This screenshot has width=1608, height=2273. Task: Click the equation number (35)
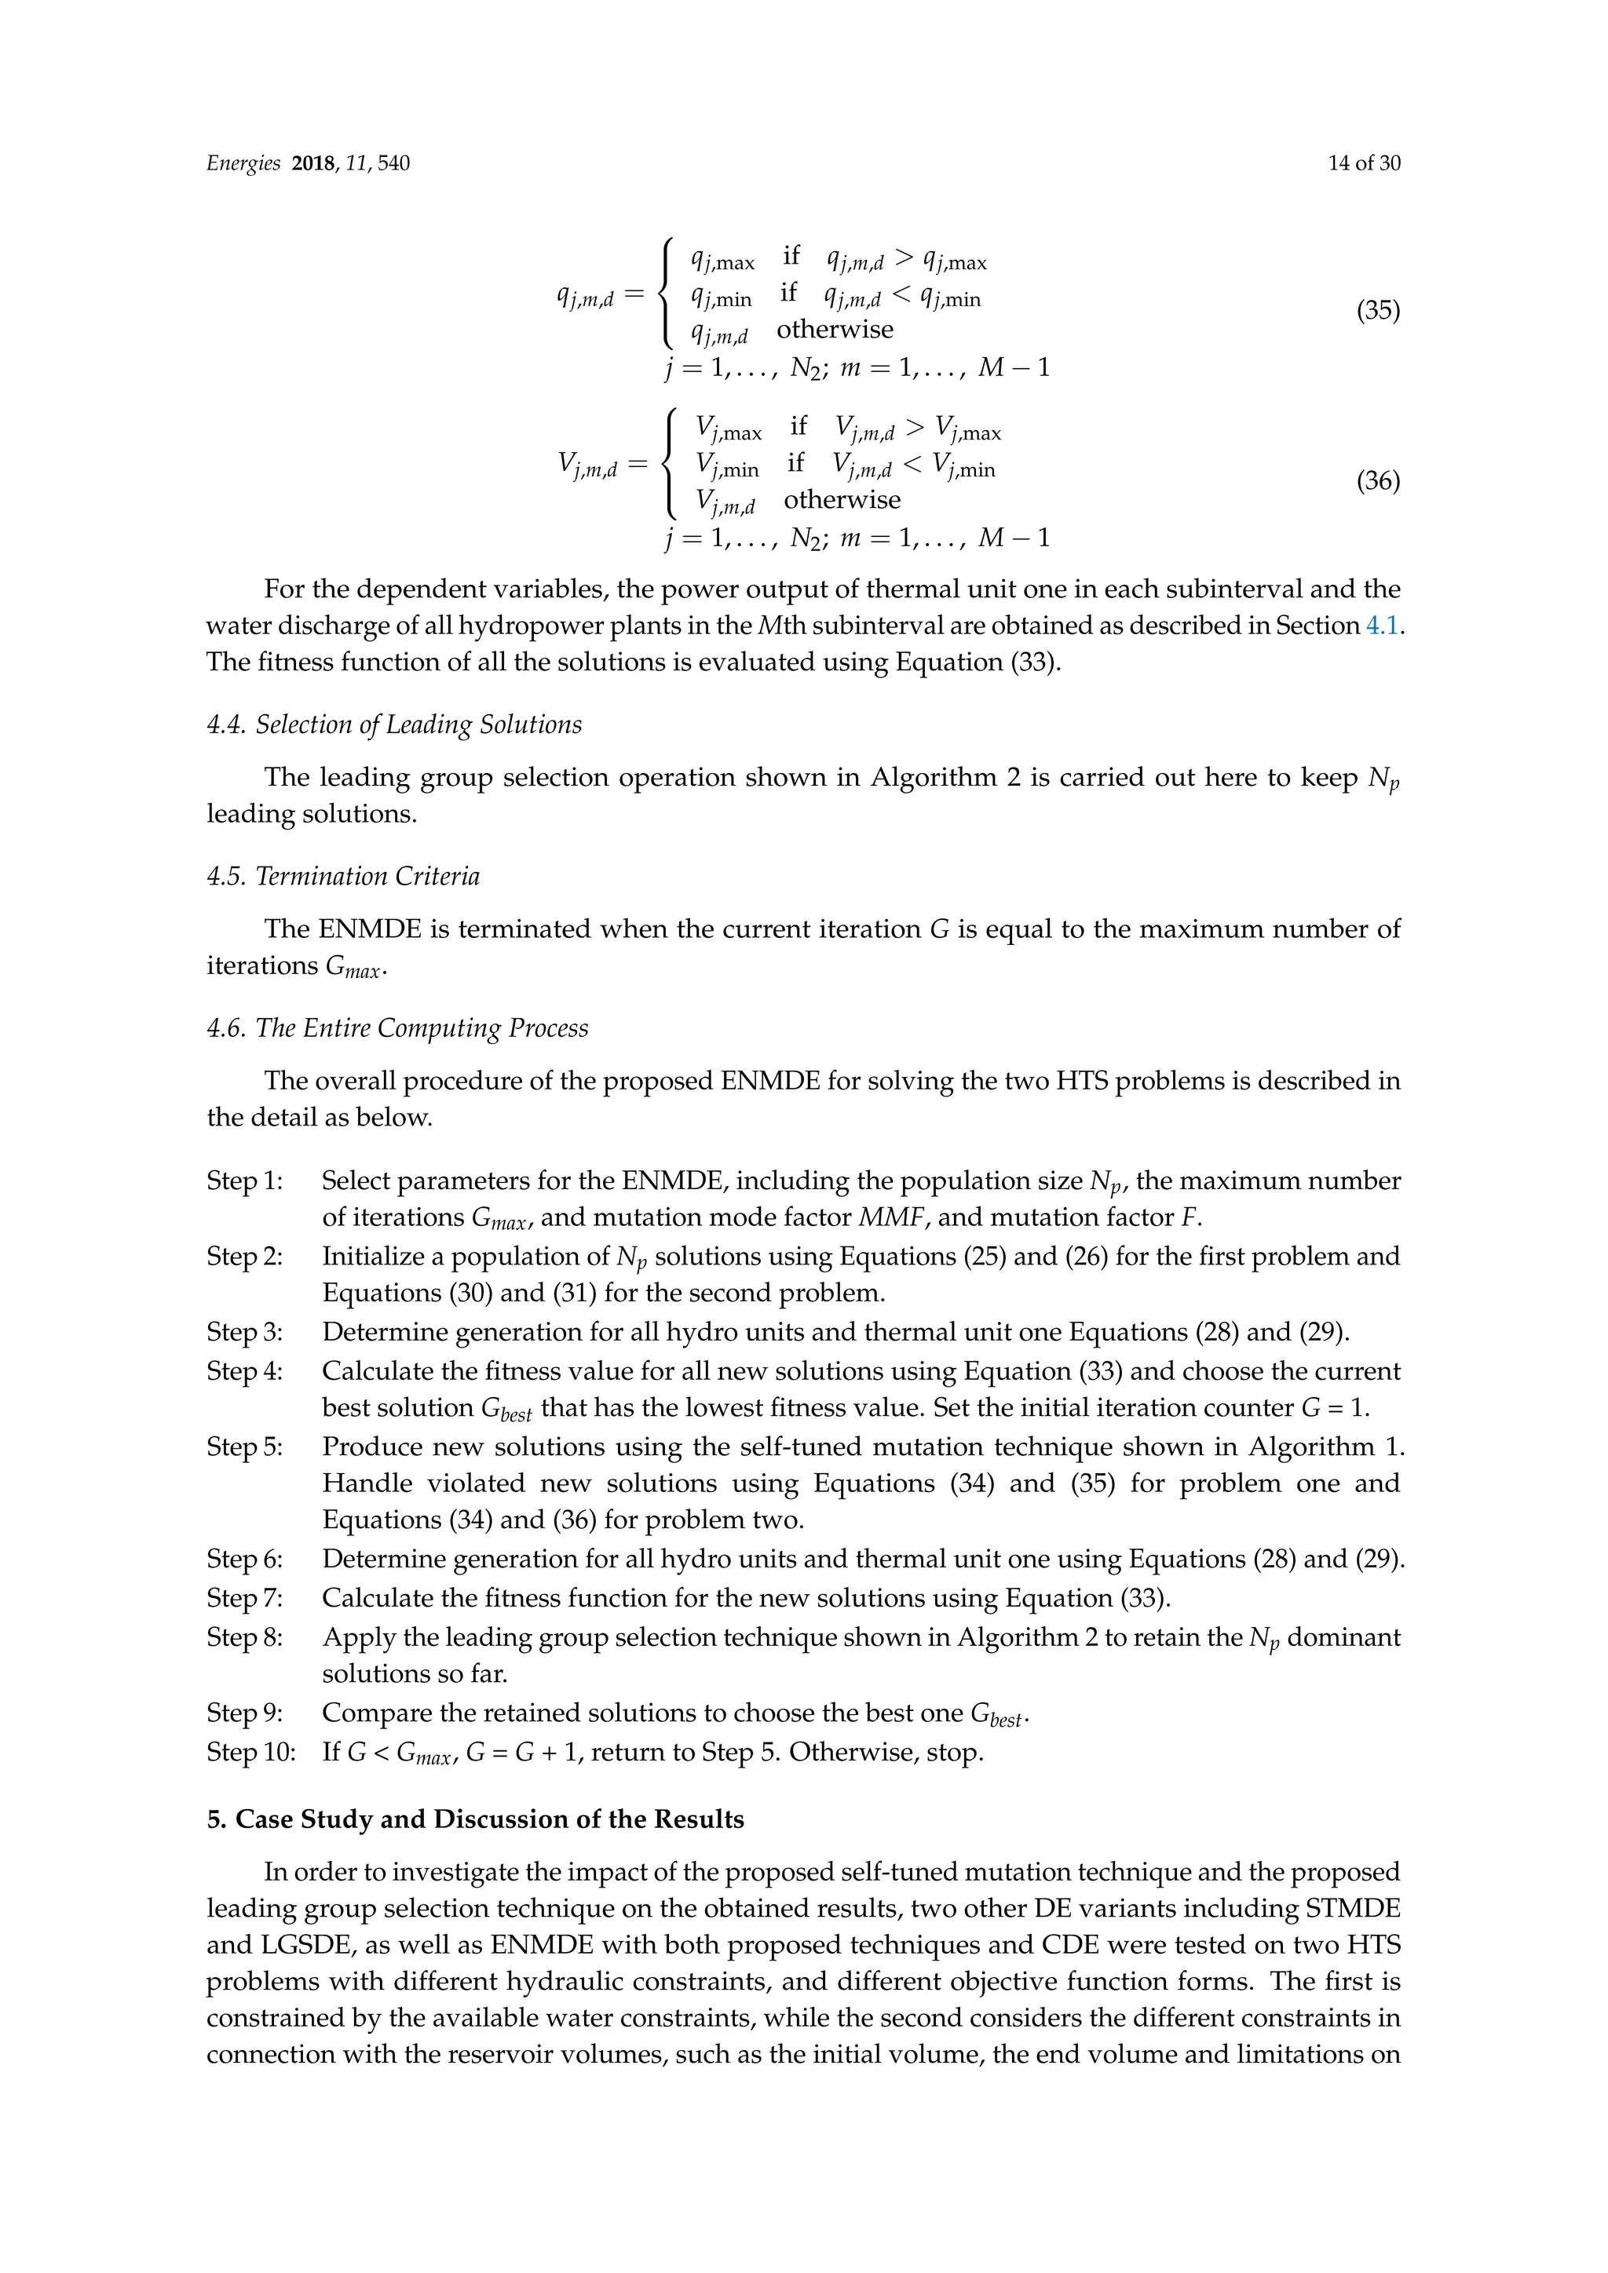pyautogui.click(x=1377, y=311)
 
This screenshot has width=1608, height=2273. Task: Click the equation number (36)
pyautogui.click(x=1377, y=481)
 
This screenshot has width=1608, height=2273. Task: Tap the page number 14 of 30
pyautogui.click(x=1364, y=163)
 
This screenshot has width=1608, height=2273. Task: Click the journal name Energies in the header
pyautogui.click(x=243, y=163)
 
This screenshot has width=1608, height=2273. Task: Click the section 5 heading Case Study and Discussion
pyautogui.click(x=475, y=1819)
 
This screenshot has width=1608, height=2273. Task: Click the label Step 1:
pyautogui.click(x=244, y=1181)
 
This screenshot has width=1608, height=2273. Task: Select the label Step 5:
pyautogui.click(x=244, y=1447)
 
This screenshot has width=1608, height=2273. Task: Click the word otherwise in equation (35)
pyautogui.click(x=834, y=330)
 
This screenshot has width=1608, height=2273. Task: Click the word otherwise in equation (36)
pyautogui.click(x=842, y=500)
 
